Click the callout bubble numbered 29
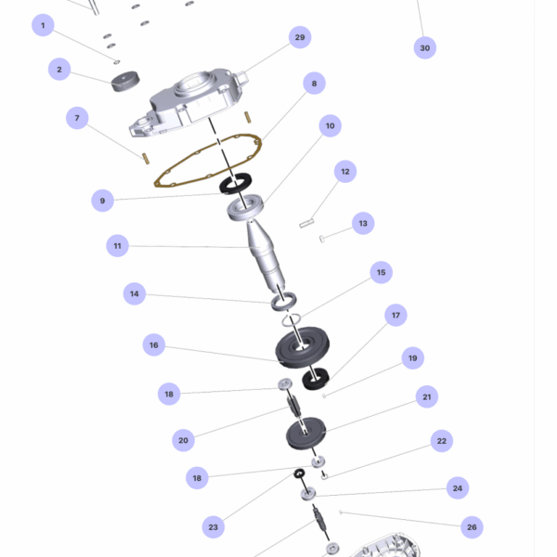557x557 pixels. point(300,37)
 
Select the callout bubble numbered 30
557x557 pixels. point(425,48)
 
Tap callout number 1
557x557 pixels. point(43,25)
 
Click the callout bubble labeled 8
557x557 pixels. point(314,84)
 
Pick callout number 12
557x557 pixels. point(345,172)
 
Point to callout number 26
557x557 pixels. point(472,527)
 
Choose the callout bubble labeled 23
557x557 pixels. point(214,527)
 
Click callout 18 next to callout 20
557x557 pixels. point(169,394)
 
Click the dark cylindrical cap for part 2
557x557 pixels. point(125,82)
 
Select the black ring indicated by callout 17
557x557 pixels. point(316,379)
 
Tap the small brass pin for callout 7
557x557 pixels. point(146,159)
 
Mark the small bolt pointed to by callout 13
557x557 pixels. point(322,239)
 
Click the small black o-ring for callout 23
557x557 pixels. point(299,473)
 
